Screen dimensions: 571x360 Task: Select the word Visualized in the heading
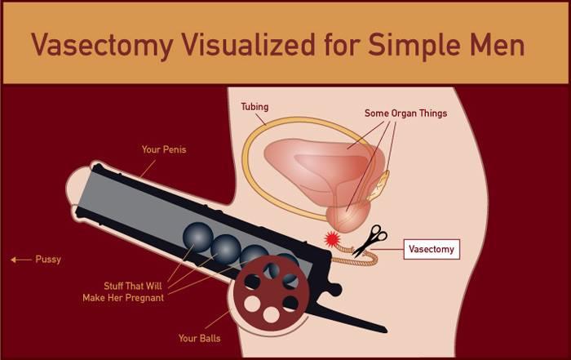[248, 44]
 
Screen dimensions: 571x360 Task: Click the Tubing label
[255, 107]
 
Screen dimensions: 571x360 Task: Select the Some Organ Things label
[405, 113]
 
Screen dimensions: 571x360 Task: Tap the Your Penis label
[164, 149]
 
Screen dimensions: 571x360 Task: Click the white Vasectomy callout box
[432, 249]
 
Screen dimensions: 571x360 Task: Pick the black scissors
[370, 241]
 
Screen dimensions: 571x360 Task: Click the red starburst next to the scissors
[332, 239]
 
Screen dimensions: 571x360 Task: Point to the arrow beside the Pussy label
[21, 260]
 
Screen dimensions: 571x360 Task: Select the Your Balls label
[199, 339]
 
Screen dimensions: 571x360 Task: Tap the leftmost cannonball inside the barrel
[197, 238]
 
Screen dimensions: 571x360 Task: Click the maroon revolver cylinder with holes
[271, 292]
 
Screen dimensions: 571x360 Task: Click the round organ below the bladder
[347, 217]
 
